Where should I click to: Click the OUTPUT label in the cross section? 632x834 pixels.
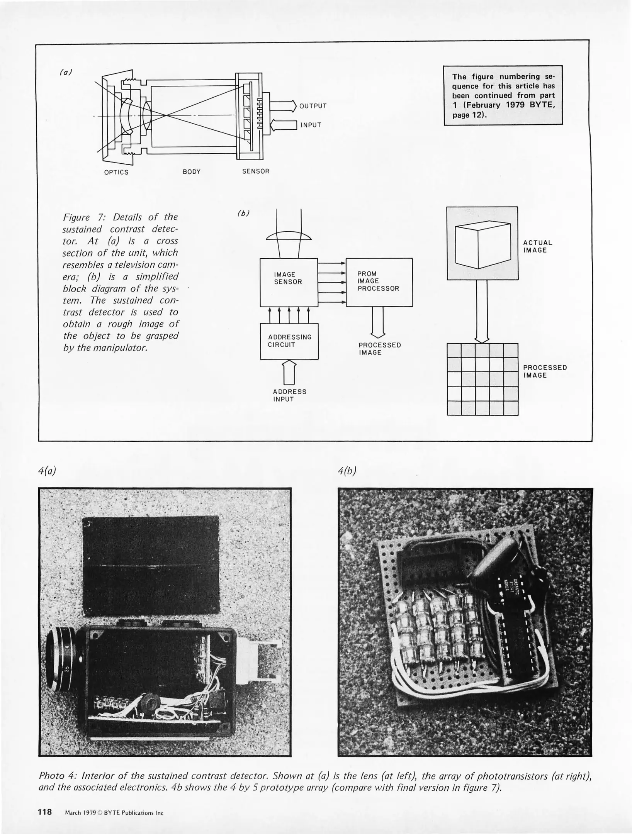313,106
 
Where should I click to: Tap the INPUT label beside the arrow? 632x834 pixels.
311,125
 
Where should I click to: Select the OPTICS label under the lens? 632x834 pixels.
116,172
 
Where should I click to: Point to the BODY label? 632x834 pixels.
192,172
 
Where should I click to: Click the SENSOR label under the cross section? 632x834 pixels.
256,171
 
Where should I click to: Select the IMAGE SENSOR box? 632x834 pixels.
288,282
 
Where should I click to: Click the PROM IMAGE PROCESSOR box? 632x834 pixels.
379,282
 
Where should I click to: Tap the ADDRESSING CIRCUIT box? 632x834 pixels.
289,341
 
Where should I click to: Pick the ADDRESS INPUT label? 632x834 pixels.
289,395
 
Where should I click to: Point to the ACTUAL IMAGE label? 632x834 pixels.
537,246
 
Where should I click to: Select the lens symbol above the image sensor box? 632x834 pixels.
289,236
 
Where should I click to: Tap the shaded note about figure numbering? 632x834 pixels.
503,95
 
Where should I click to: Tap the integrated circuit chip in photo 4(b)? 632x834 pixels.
516,622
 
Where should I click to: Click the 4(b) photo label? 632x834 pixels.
347,471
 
